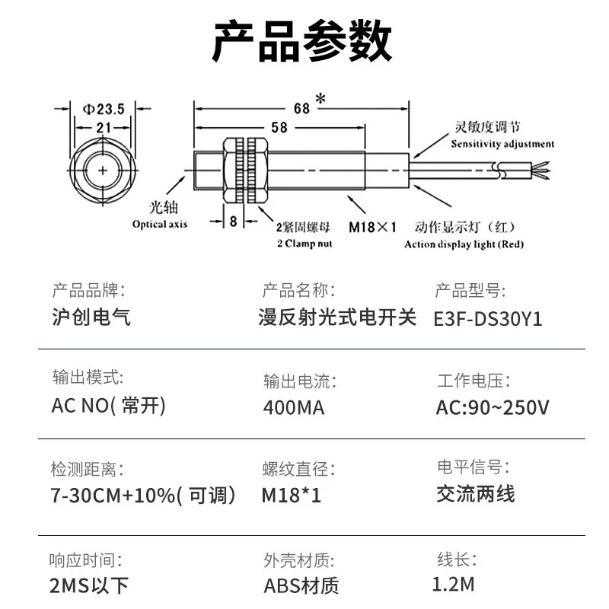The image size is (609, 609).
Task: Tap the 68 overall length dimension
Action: [302, 108]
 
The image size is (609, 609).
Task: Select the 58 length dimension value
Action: [279, 128]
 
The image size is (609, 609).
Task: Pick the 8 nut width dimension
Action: [234, 221]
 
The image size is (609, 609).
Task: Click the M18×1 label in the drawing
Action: [373, 226]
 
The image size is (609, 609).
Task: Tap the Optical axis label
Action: [159, 224]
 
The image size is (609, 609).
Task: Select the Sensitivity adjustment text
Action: [502, 143]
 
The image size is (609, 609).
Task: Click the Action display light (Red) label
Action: [464, 244]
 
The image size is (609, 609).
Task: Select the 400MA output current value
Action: [294, 407]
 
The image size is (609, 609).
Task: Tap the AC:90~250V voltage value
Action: [492, 407]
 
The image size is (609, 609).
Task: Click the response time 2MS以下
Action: [89, 585]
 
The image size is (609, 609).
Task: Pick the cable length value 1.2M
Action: [453, 584]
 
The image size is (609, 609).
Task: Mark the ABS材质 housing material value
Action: [301, 585]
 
